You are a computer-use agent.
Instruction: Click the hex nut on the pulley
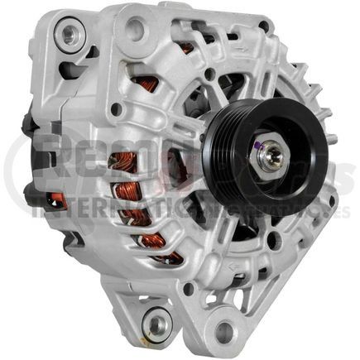coord(268,156)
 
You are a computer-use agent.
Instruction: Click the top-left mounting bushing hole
coord(65,34)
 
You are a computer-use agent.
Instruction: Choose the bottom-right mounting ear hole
coord(224,334)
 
